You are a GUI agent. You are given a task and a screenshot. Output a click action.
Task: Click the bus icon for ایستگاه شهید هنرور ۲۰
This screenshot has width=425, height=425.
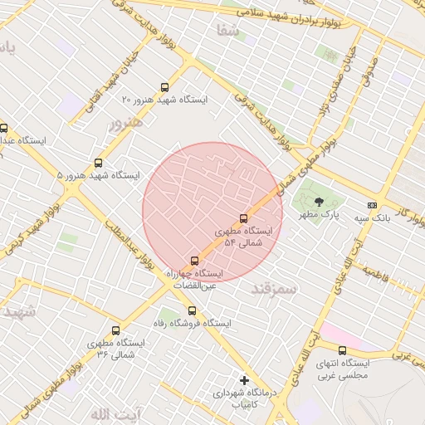click(164, 87)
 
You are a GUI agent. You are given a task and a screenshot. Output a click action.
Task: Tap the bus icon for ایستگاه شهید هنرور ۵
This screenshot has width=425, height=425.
click(99, 164)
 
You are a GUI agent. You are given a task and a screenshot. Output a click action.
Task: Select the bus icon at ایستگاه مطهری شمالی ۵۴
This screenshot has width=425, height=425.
click(243, 219)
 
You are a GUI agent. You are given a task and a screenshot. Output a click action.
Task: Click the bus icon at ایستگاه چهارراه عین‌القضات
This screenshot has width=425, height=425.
click(195, 261)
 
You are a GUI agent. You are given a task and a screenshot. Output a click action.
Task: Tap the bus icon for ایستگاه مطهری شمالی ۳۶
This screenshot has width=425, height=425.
click(115, 330)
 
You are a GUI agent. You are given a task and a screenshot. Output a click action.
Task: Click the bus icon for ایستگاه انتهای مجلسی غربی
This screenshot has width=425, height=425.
click(342, 350)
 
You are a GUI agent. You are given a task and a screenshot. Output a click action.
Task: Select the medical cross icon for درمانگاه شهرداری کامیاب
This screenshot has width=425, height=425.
click(243, 379)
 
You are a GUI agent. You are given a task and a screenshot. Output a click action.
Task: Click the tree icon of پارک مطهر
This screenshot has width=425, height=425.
click(320, 202)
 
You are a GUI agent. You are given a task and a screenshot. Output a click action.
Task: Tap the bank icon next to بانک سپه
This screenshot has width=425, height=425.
click(371, 205)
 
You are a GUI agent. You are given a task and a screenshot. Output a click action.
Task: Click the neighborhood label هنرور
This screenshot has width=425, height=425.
click(125, 123)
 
